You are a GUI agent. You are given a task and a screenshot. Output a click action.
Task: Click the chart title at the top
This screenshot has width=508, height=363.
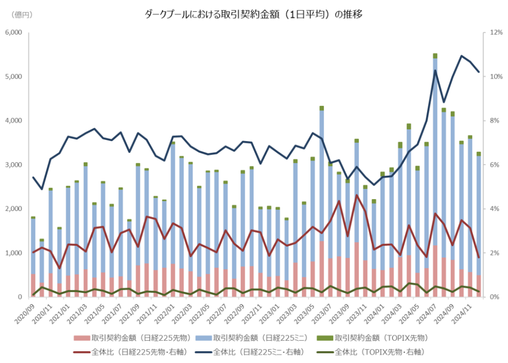pyautogui.click(x=254, y=14)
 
